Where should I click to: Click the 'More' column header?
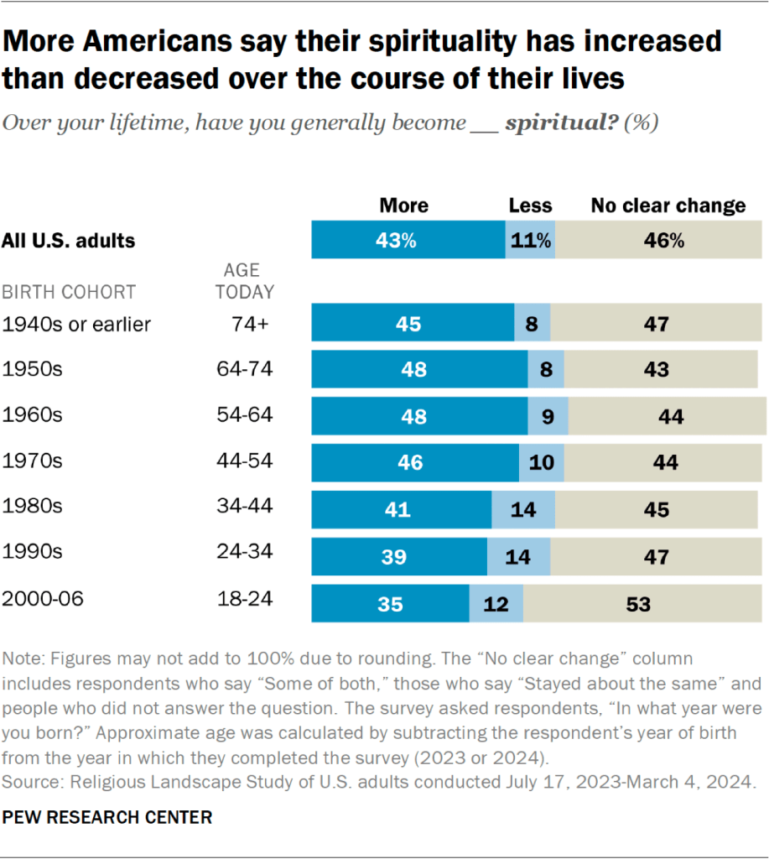coord(403,206)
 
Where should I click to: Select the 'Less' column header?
coord(530,206)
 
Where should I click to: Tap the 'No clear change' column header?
coord(668,206)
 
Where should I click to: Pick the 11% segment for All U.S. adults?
coord(530,241)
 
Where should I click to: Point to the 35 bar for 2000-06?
coord(390,604)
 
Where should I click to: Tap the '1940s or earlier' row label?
coord(77,324)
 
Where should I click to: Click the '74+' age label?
coord(249,324)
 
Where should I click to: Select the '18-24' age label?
coord(244,600)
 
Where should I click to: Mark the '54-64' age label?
coord(244,415)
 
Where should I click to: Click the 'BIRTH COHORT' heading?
coord(69,293)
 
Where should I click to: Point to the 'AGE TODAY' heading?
coord(244,282)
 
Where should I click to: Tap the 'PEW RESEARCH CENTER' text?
coord(108,817)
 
